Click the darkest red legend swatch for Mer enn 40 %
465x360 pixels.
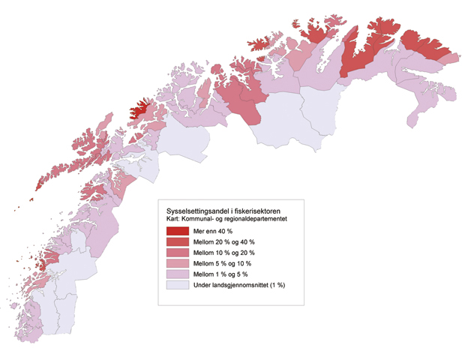tap(178, 230)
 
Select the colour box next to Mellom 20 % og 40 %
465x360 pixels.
tap(178, 241)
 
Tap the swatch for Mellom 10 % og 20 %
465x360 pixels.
tap(178, 253)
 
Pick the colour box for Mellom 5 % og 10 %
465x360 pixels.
tap(178, 264)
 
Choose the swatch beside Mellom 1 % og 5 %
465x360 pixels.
tap(178, 275)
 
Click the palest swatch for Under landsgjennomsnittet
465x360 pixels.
tap(178, 286)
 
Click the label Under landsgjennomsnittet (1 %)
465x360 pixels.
tap(239, 286)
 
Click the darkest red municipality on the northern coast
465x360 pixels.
tap(138, 113)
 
